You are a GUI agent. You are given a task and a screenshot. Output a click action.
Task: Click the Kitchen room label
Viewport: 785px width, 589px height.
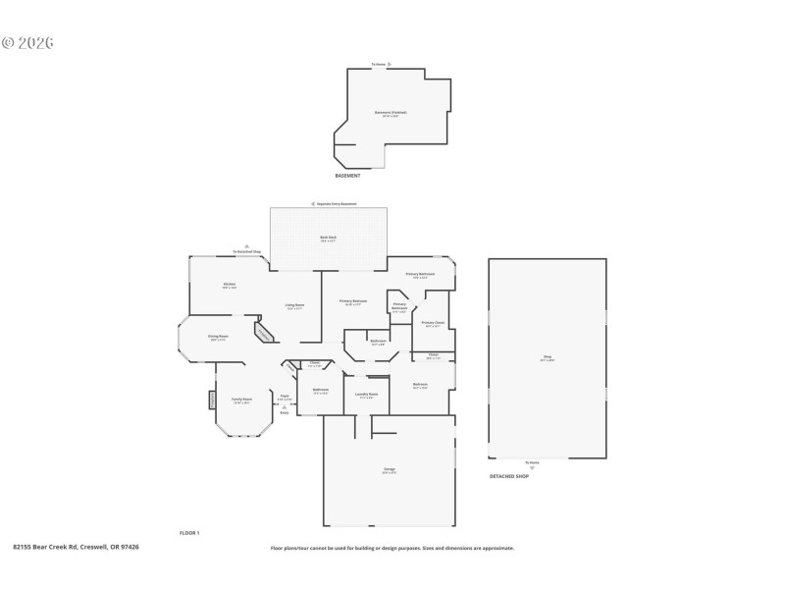[229, 286]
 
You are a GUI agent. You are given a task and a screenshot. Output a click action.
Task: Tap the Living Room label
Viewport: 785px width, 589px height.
[294, 306]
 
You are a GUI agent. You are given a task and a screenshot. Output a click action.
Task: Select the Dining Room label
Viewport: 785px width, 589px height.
[218, 338]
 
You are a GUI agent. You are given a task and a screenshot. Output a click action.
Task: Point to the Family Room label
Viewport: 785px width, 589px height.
[241, 401]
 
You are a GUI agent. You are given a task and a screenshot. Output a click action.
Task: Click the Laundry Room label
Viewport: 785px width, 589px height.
[367, 396]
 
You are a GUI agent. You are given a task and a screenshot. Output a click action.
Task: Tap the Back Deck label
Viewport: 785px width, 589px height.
[328, 239]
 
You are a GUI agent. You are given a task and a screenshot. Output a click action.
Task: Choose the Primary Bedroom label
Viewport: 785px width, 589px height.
[353, 301]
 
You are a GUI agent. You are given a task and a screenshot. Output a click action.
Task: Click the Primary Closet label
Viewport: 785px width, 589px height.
[433, 323]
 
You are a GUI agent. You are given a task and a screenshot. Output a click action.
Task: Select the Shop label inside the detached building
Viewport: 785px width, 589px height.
[548, 358]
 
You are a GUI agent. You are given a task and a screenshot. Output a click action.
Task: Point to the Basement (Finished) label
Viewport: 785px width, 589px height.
[390, 114]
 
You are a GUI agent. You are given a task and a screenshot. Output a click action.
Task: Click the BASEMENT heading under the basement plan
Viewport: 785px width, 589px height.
[348, 176]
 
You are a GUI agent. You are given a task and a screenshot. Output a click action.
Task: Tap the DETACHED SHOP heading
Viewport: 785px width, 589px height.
[509, 476]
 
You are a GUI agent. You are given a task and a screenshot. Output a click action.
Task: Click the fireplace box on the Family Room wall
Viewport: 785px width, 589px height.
[211, 401]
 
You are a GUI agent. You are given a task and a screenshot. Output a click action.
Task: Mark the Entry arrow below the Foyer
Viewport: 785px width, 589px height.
[285, 409]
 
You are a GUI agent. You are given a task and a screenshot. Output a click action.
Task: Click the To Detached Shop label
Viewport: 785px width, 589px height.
[247, 252]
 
